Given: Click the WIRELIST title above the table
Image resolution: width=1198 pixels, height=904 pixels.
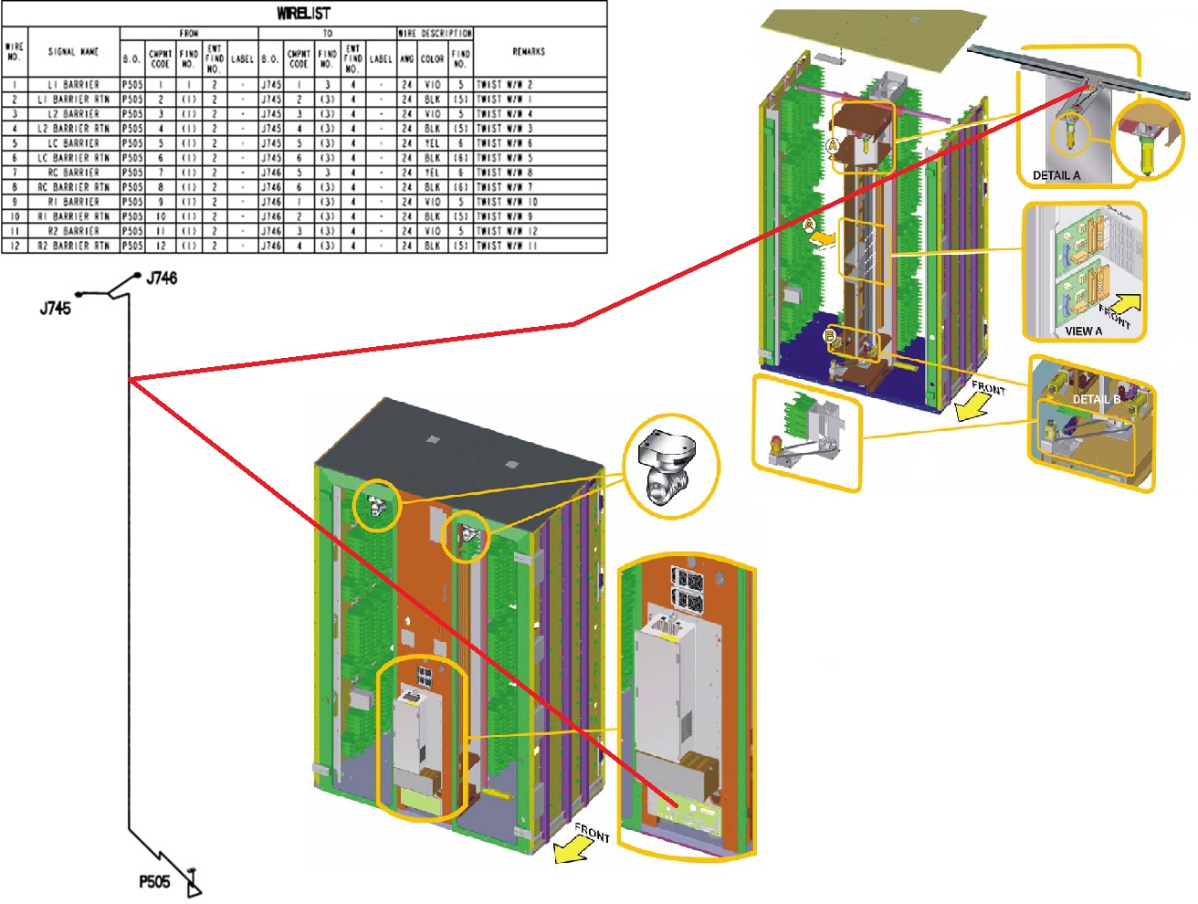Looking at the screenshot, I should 303,13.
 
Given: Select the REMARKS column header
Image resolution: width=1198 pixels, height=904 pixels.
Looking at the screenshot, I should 529,52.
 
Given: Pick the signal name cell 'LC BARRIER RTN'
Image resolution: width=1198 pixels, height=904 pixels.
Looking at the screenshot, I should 73,158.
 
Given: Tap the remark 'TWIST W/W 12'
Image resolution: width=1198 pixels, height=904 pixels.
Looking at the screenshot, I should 507,231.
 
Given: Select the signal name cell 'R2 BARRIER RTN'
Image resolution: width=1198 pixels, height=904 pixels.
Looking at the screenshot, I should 73,246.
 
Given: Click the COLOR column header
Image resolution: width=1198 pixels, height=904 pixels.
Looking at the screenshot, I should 432,58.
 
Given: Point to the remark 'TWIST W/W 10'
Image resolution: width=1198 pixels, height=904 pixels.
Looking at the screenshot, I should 507,202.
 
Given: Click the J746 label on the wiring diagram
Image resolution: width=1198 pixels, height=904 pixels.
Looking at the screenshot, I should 162,278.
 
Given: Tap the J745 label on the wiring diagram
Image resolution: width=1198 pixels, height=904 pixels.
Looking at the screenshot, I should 55,309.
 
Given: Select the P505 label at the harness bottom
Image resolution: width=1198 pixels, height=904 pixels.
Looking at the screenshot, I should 154,882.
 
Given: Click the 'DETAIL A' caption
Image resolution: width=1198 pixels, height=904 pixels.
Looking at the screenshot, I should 1056,175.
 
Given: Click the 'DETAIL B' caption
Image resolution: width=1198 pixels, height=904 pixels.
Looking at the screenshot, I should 1096,399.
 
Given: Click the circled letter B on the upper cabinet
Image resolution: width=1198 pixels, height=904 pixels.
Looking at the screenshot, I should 830,336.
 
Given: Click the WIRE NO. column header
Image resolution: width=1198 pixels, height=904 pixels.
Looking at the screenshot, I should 14,52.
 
